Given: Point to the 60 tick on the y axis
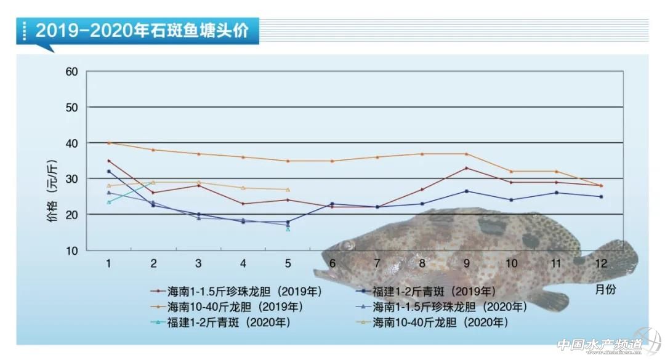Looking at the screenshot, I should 72,71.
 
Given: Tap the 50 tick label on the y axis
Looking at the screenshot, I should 72,107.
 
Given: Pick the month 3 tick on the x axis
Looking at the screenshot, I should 198,263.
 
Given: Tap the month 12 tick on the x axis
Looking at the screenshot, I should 601,263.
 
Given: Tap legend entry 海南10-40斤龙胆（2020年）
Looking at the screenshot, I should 440,321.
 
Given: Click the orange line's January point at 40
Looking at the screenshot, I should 108,143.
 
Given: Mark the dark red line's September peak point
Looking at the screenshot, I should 466,168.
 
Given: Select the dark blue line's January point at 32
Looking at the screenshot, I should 108,171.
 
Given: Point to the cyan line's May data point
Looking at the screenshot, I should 288,228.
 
